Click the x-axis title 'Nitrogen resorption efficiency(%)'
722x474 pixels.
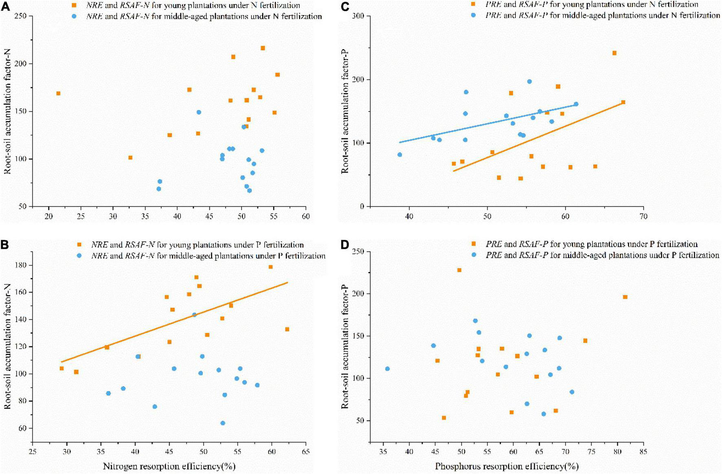[x=169, y=466]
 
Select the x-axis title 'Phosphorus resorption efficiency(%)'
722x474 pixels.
[x=506, y=466]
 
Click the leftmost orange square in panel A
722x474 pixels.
[x=58, y=93]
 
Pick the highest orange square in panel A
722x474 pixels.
[x=263, y=48]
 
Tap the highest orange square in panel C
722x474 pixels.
[x=614, y=53]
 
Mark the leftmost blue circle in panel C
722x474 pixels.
[x=400, y=155]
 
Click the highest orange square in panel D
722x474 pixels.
[x=459, y=270]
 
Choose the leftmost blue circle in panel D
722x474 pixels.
[x=387, y=369]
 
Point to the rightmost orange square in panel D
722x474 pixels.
[x=625, y=297]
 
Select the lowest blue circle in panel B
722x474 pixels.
[x=223, y=423]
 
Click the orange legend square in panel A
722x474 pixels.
[x=74, y=6]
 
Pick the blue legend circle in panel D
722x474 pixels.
[x=473, y=255]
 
